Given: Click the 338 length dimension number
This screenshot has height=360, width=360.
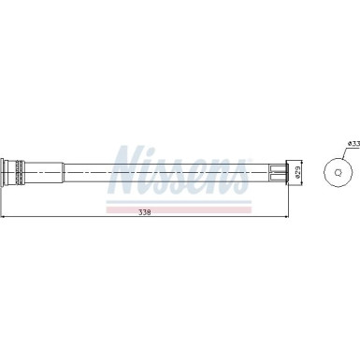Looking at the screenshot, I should coord(145,213).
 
